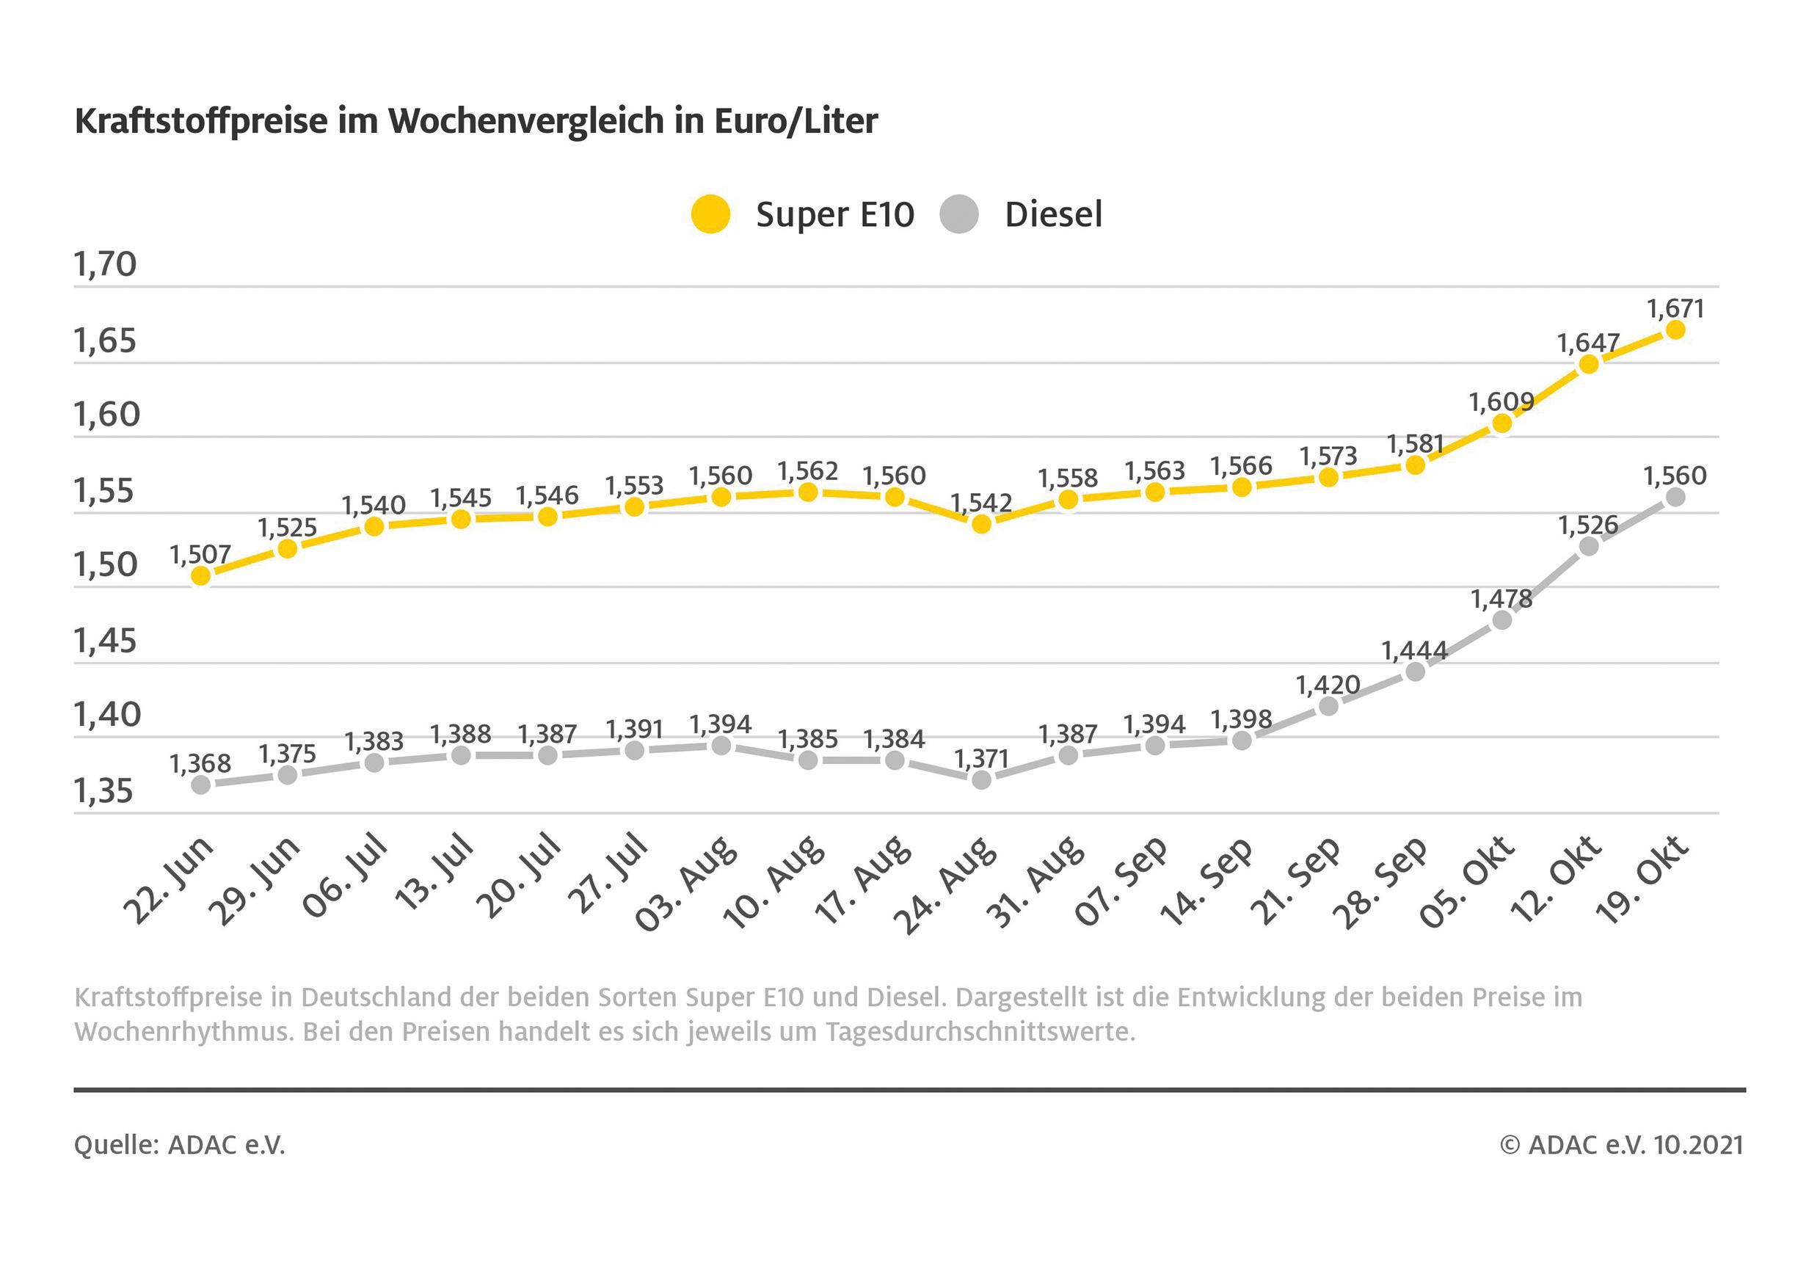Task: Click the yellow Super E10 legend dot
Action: [710, 214]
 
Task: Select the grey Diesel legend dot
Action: [959, 214]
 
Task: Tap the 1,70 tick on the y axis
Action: [106, 264]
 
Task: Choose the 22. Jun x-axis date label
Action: [169, 881]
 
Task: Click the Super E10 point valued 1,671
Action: [1675, 330]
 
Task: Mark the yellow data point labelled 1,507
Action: [201, 575]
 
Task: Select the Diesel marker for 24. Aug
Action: [981, 780]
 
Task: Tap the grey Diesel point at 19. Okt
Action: [1675, 497]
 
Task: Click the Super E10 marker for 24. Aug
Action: [981, 524]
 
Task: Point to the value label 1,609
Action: [1501, 403]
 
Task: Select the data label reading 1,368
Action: [200, 764]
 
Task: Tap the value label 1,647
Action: [1588, 343]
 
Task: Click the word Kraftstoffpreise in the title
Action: [201, 121]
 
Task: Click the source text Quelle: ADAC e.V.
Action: [179, 1145]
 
